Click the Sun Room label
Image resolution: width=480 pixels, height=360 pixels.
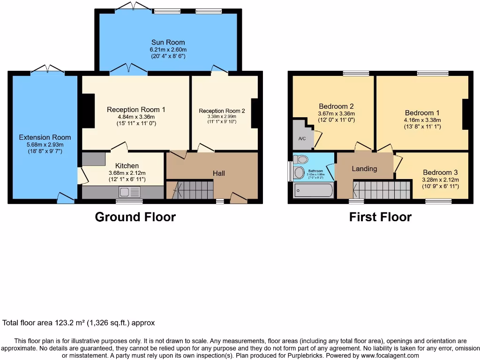(x=168, y=42)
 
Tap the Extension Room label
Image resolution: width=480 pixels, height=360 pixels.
(x=45, y=137)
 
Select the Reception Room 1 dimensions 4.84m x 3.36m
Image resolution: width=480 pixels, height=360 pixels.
(x=136, y=117)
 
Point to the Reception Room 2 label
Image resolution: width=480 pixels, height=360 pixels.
(x=222, y=111)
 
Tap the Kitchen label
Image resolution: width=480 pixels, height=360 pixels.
(x=127, y=165)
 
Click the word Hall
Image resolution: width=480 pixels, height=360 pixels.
(x=219, y=173)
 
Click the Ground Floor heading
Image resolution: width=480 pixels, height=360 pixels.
(x=135, y=217)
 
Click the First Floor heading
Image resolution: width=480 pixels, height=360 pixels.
(x=380, y=217)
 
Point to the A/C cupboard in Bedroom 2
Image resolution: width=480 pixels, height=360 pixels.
(x=301, y=139)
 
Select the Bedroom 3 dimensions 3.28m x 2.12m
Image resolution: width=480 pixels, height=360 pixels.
(x=440, y=180)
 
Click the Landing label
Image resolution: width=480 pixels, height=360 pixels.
(x=364, y=169)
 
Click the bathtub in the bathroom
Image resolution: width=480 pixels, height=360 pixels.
(x=313, y=190)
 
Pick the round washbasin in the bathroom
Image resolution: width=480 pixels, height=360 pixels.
(x=298, y=173)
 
